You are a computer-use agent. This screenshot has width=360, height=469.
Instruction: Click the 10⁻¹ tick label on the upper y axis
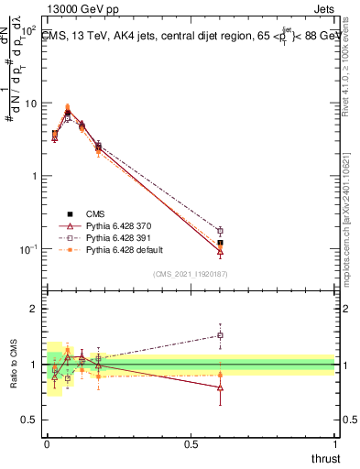(30, 249)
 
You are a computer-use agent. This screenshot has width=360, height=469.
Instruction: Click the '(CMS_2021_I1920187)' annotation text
(191, 274)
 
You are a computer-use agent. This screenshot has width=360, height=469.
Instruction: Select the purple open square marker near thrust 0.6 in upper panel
(220, 231)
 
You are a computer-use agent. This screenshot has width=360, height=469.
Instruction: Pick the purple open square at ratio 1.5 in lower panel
(220, 335)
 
